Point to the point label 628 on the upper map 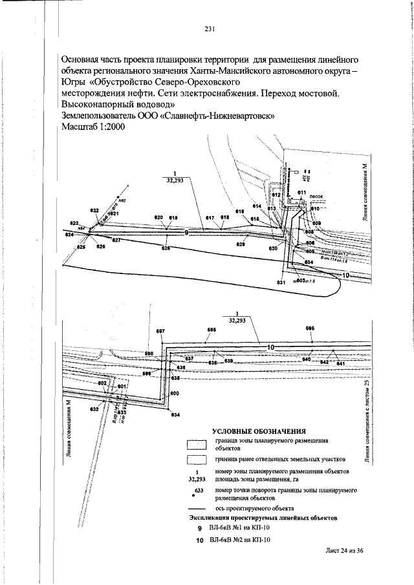tap(166, 248)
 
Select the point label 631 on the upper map tap(280, 282)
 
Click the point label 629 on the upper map tap(241, 244)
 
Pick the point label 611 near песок tap(302, 193)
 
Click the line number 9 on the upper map tap(187, 232)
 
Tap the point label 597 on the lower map tap(161, 331)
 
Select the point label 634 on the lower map tap(175, 415)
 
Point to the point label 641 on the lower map tap(340, 364)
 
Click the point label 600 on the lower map tap(174, 393)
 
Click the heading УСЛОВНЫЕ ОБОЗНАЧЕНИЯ tap(259, 431)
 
